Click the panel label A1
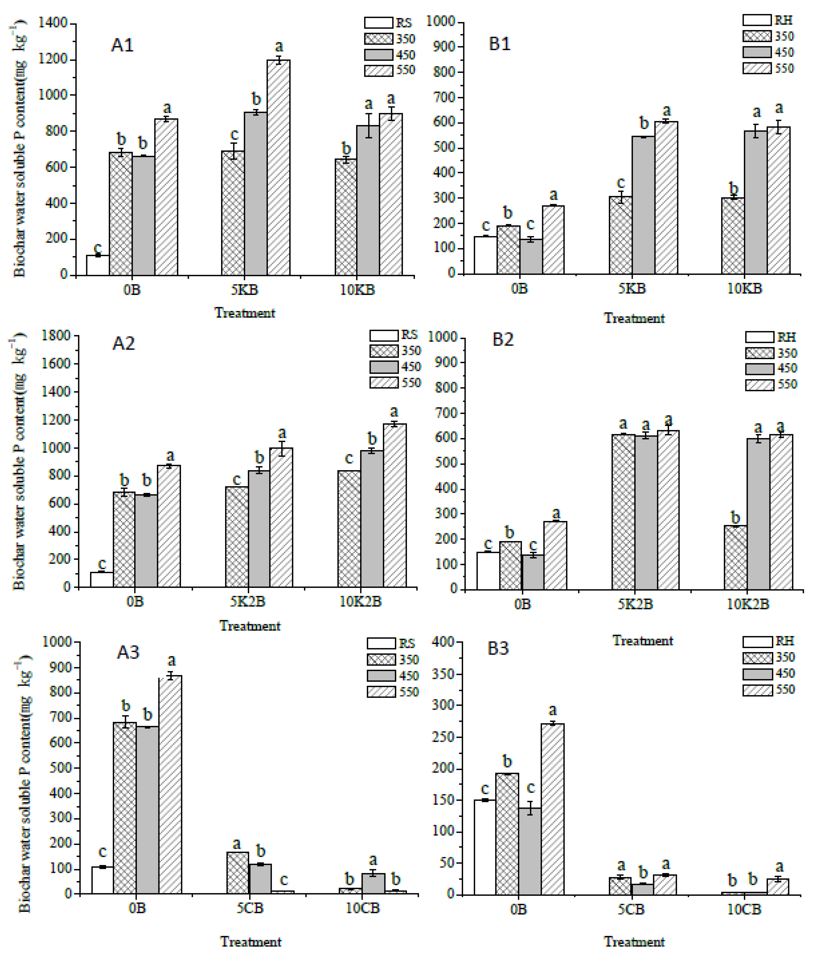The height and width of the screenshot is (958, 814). [122, 45]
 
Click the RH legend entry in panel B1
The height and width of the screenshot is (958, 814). [768, 20]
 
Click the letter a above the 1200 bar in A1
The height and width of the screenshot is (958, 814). [279, 47]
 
